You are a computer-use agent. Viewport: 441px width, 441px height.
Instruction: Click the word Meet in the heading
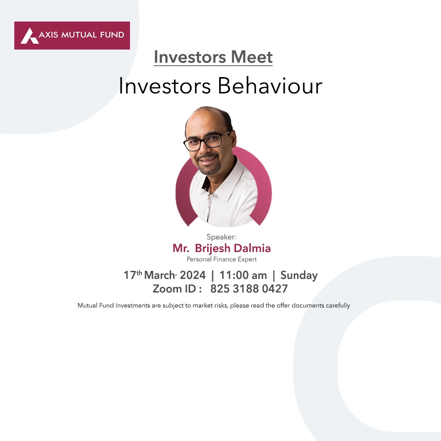[x=252, y=57]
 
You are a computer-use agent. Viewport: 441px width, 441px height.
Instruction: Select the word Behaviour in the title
[x=270, y=86]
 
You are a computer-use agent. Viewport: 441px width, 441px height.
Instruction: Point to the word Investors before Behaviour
[x=165, y=86]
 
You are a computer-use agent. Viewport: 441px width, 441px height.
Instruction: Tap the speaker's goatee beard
[x=210, y=166]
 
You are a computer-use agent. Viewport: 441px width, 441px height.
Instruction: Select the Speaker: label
[x=222, y=237]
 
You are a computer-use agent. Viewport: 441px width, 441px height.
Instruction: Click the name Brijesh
[x=213, y=248]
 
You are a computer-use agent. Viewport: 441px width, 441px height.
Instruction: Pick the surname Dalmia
[x=252, y=248]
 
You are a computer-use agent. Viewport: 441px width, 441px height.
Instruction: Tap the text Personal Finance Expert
[x=222, y=259]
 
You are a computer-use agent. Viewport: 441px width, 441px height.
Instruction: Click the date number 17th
[x=133, y=275]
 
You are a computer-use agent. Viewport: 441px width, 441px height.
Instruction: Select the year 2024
[x=193, y=275]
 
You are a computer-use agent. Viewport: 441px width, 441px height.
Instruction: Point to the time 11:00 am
[x=243, y=275]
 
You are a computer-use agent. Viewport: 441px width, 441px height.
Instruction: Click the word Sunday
[x=299, y=276]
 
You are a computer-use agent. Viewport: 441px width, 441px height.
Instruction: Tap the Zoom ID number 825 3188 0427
[x=249, y=289]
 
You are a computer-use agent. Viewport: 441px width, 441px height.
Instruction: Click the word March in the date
[x=160, y=275]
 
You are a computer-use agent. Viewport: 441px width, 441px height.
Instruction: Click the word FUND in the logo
[x=112, y=35]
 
